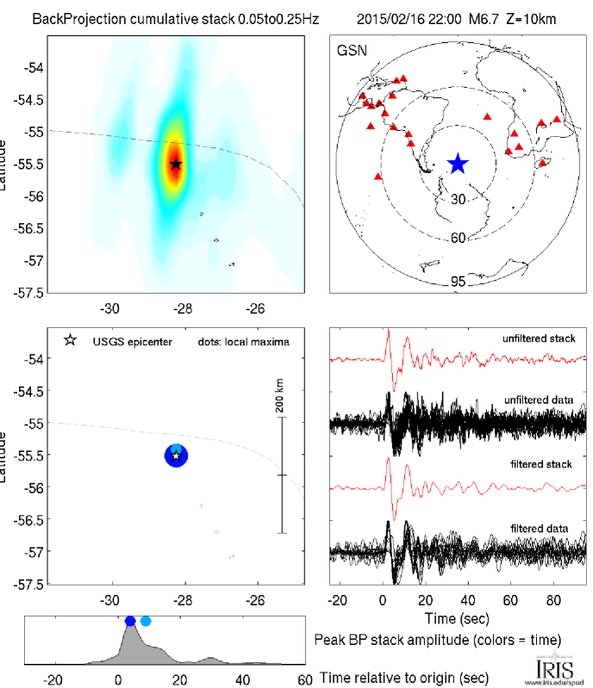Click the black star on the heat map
(176, 164)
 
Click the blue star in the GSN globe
(458, 164)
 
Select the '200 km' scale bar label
(280, 400)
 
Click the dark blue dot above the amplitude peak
(130, 621)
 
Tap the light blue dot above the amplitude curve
(146, 621)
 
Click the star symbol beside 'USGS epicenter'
(70, 341)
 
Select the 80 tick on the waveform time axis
(544, 598)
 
